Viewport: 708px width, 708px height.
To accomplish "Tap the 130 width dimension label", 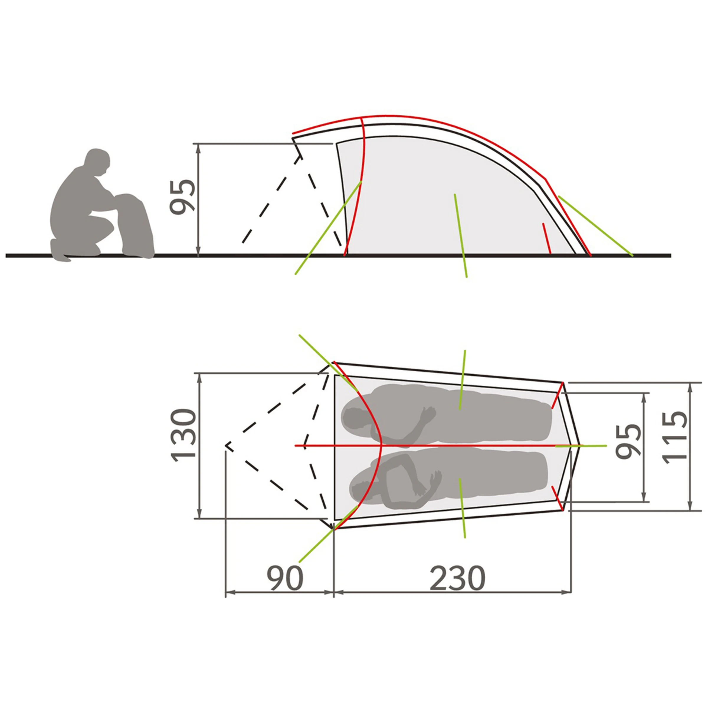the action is pyautogui.click(x=183, y=435).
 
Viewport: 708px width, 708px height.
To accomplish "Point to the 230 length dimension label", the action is pyautogui.click(x=457, y=578).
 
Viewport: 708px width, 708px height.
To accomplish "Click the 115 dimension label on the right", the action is pyautogui.click(x=675, y=437).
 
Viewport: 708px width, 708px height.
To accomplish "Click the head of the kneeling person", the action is pyautogui.click(x=97, y=161).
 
